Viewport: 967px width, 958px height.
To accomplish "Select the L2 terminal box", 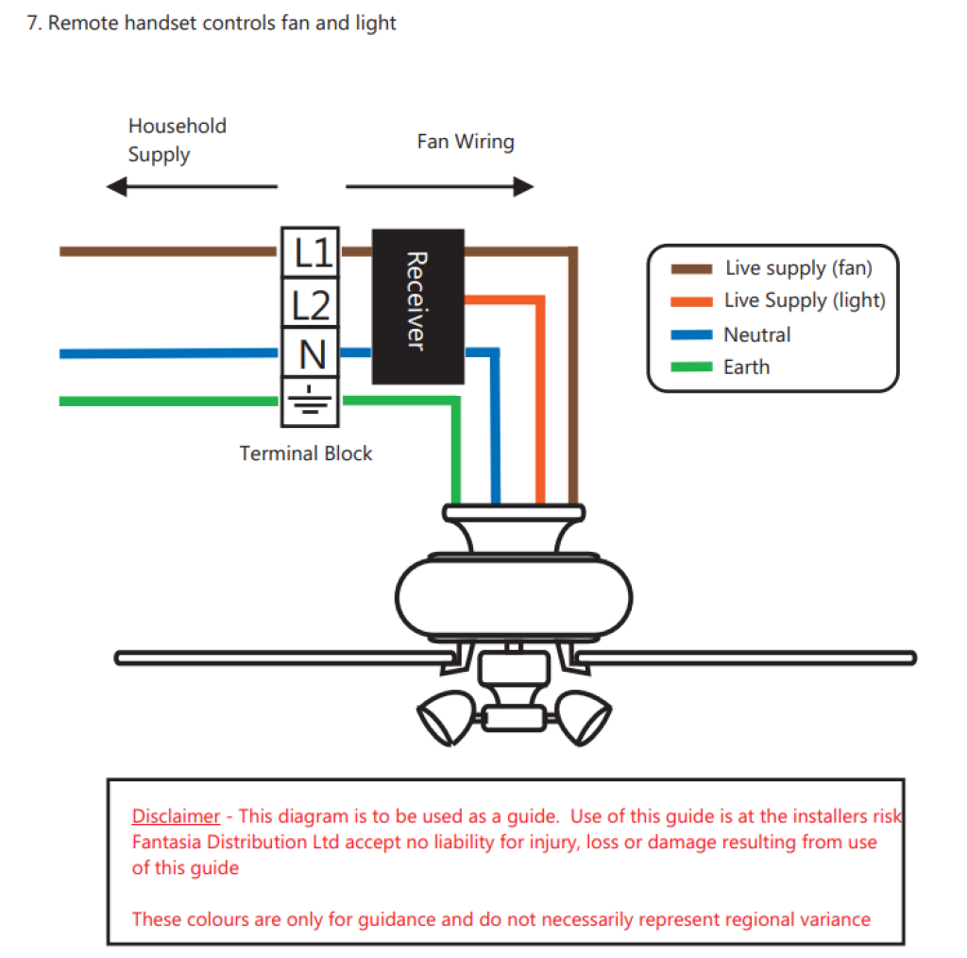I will pos(311,304).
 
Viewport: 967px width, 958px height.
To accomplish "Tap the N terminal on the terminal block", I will pos(311,354).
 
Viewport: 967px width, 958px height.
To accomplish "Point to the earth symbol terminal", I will pos(311,402).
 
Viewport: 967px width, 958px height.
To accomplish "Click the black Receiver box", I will pos(417,306).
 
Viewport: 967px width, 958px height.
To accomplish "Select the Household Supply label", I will pos(177,140).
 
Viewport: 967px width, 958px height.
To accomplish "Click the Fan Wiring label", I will pos(466,142).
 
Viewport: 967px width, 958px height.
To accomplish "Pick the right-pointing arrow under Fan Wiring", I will pos(440,186).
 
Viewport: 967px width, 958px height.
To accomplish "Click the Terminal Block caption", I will pos(306,453).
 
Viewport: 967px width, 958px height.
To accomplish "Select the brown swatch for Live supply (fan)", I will pos(690,269).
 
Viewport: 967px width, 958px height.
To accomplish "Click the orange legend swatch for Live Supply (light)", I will pos(690,301).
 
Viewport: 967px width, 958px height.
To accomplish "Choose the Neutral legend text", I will pos(756,334).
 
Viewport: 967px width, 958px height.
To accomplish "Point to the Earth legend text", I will pos(746,368).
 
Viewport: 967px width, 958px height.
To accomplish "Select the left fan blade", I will pos(283,657).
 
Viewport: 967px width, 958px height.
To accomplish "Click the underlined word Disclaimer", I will pos(176,816).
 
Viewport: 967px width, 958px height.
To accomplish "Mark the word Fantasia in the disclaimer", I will pos(167,842).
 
